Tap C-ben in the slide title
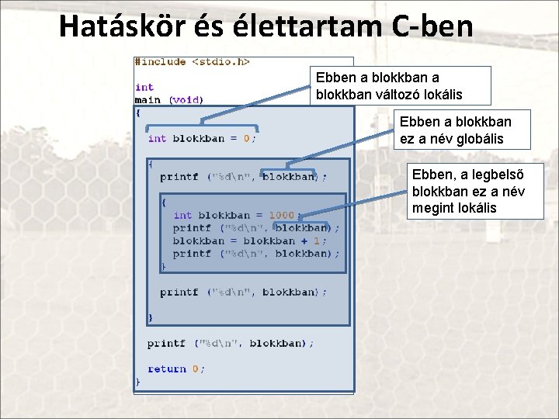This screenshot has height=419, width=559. pos(432,26)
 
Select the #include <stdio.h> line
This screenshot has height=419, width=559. pos(192,61)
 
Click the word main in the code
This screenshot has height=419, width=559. pos(148,100)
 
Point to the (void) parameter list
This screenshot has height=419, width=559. pos(186,100)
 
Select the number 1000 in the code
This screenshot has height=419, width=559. pos(281,215)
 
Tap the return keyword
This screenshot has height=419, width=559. pos(167,369)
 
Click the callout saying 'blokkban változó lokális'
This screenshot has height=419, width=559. pos(401,85)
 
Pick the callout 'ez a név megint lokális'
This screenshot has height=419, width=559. pos(477,192)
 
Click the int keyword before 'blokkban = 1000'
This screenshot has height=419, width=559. pos(182,215)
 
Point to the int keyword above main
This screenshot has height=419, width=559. pos(144,88)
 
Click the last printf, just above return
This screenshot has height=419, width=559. pos(167,343)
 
